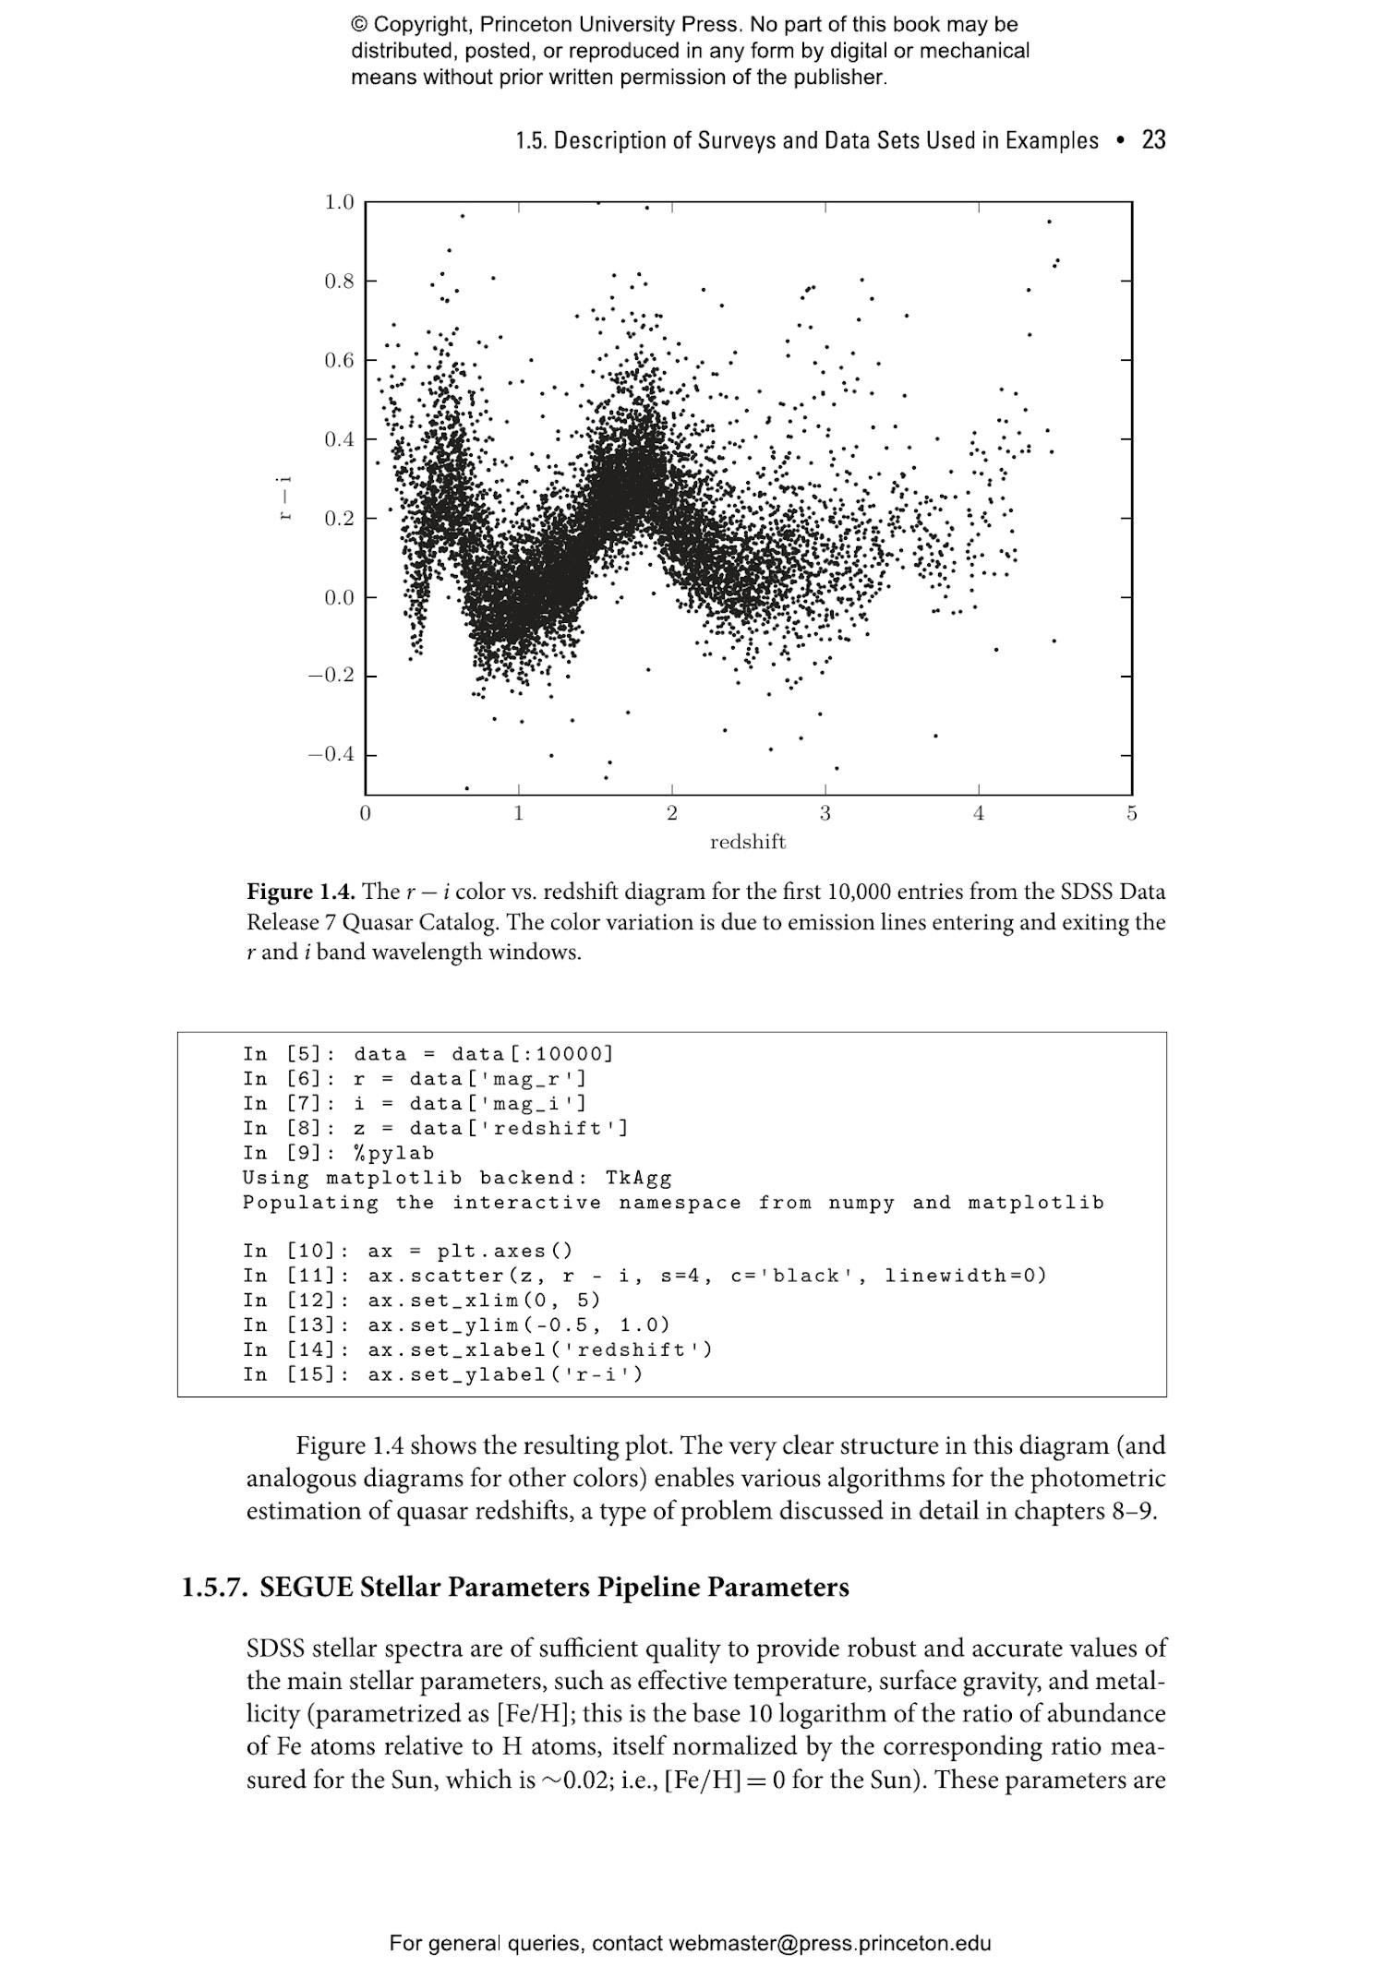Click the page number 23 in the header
(x=1153, y=140)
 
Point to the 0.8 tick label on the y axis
(x=339, y=282)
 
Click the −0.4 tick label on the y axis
(x=331, y=755)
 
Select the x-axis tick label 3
(x=825, y=814)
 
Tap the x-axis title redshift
(x=747, y=842)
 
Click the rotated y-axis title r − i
(x=285, y=497)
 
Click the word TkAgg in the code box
(x=638, y=1178)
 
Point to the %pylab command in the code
(x=393, y=1153)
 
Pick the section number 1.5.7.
(x=214, y=1588)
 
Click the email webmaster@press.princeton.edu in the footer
(x=829, y=1944)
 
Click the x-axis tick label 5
(x=1132, y=814)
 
